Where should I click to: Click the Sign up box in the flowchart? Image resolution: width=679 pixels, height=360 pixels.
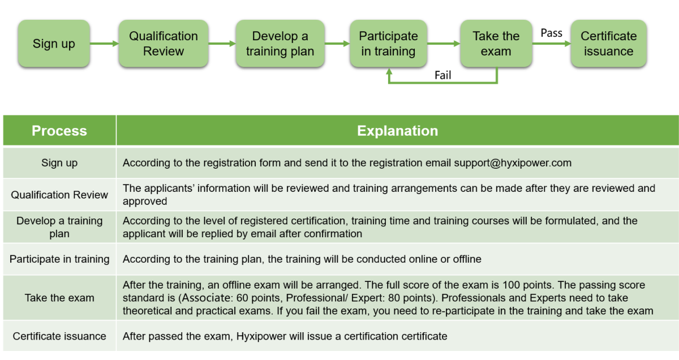pyautogui.click(x=54, y=44)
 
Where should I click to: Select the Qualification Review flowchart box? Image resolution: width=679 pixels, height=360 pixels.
pyautogui.click(x=164, y=44)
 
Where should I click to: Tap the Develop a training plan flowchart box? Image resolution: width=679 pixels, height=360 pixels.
pyautogui.click(x=280, y=44)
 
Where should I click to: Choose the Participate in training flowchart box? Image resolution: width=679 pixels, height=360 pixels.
pyautogui.click(x=388, y=44)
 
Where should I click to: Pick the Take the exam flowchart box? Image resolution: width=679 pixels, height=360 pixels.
pyautogui.click(x=496, y=44)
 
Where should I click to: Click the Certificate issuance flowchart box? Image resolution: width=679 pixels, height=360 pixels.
pyautogui.click(x=609, y=44)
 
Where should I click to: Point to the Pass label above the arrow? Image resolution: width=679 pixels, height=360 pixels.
pyautogui.click(x=551, y=33)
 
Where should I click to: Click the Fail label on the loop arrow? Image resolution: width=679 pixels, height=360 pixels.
pyautogui.click(x=443, y=75)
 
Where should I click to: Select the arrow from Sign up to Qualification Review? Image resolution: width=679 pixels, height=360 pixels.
pyautogui.click(x=104, y=44)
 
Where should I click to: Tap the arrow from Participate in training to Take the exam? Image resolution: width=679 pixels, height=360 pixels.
pyautogui.click(x=444, y=44)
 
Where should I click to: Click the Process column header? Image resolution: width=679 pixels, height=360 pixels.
pyautogui.click(x=59, y=131)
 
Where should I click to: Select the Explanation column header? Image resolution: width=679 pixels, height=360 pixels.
pyautogui.click(x=397, y=131)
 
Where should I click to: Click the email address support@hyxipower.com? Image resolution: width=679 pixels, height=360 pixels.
pyautogui.click(x=513, y=163)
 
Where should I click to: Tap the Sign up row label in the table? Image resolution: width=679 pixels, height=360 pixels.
pyautogui.click(x=59, y=163)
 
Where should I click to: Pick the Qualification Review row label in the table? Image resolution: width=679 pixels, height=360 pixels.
pyautogui.click(x=59, y=195)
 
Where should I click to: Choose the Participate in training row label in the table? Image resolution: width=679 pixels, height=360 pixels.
pyautogui.click(x=59, y=259)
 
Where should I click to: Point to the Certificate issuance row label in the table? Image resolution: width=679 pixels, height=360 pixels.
pyautogui.click(x=59, y=336)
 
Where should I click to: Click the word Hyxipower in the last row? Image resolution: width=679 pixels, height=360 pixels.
pyautogui.click(x=261, y=336)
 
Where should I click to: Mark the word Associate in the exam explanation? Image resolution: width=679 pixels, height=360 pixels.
pyautogui.click(x=207, y=298)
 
